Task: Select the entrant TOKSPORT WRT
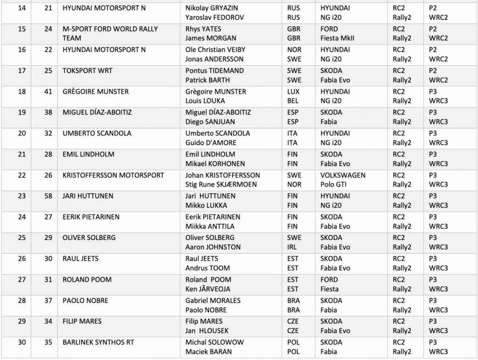(x=87, y=71)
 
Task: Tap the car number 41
(x=48, y=92)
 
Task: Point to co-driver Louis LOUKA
(x=205, y=101)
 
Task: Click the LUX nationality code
(x=294, y=92)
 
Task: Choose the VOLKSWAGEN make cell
(x=343, y=175)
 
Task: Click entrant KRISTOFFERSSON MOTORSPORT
(x=113, y=175)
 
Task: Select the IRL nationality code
(x=293, y=247)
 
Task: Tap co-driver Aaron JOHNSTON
(x=213, y=247)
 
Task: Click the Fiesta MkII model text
(x=337, y=38)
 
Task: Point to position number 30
(x=22, y=342)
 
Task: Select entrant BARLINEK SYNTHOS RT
(x=98, y=342)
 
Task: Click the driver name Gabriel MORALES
(x=213, y=300)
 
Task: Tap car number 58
(x=48, y=196)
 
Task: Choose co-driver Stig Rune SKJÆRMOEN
(x=221, y=184)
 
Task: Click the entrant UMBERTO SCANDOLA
(x=97, y=133)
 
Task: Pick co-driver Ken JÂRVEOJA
(x=208, y=289)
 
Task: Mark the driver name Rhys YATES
(x=204, y=29)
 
